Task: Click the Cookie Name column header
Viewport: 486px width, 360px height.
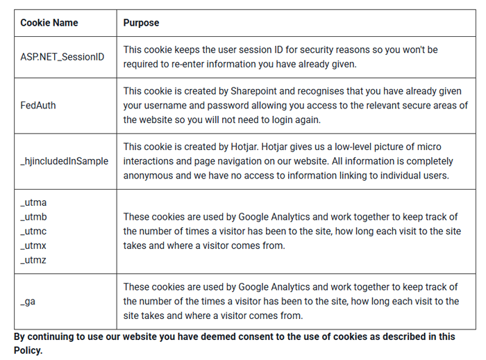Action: (49, 23)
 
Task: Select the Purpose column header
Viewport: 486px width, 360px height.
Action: (141, 23)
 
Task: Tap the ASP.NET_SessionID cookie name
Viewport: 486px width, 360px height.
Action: (62, 57)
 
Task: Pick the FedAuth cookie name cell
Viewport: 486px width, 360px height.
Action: (38, 106)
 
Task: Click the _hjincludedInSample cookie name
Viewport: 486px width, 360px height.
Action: (65, 161)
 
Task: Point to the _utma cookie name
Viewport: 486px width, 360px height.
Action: (33, 202)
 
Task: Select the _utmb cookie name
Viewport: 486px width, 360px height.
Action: (33, 217)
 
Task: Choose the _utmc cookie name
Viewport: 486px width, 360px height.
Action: (33, 231)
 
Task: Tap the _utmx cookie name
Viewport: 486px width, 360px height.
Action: (33, 246)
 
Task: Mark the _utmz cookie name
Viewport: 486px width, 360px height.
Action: (33, 261)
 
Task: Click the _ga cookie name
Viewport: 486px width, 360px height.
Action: (28, 302)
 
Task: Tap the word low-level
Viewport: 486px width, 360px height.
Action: (344, 147)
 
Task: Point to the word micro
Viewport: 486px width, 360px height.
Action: (430, 147)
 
